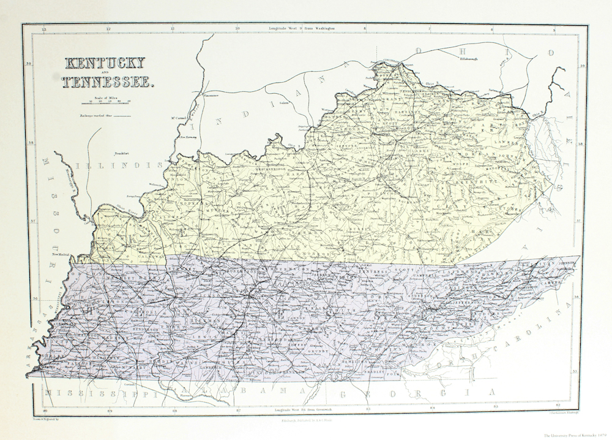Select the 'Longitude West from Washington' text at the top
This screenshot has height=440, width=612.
pyautogui.click(x=304, y=28)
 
